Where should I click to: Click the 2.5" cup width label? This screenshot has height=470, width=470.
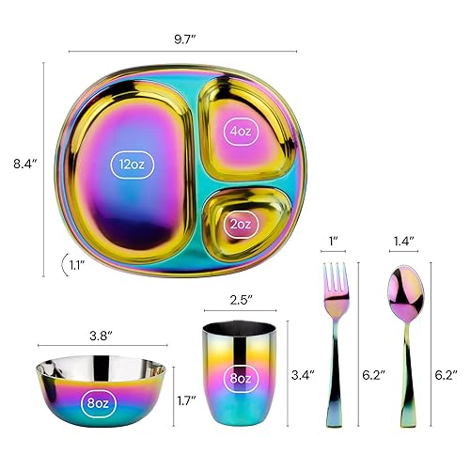(242, 303)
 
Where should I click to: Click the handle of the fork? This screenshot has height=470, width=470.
(334, 376)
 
